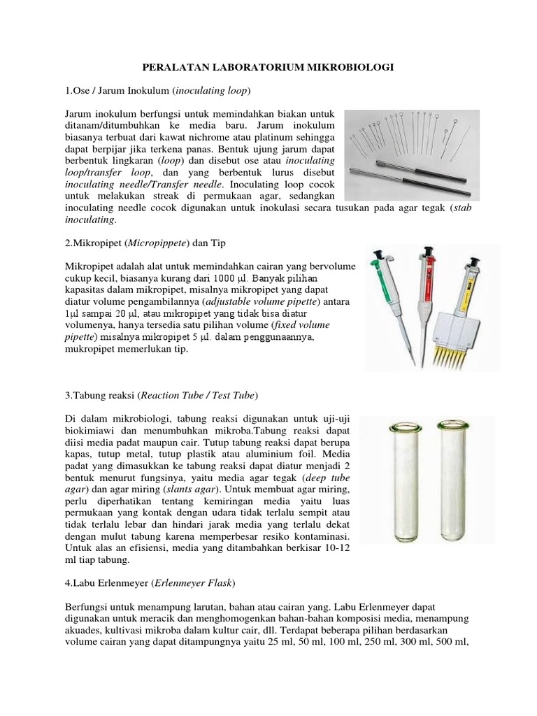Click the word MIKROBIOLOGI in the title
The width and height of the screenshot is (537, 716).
(x=354, y=67)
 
